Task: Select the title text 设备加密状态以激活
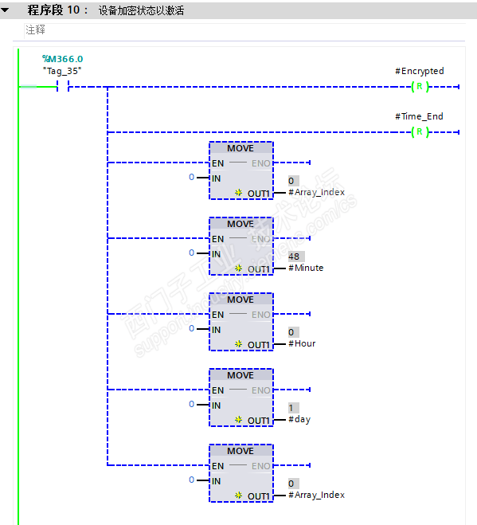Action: (x=142, y=10)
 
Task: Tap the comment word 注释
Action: (x=35, y=29)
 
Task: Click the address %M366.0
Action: (x=62, y=59)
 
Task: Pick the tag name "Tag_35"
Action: (x=62, y=71)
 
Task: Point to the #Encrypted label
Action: (x=419, y=71)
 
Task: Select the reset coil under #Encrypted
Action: (x=420, y=87)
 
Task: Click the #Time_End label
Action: (x=419, y=116)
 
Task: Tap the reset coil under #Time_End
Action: (x=420, y=131)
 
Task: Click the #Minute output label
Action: (x=306, y=268)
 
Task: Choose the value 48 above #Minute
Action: (x=295, y=256)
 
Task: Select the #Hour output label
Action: (x=302, y=343)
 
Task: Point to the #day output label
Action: (x=299, y=419)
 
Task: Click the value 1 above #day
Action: (x=292, y=407)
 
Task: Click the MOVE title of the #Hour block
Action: (x=240, y=300)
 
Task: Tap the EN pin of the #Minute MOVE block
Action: (x=217, y=239)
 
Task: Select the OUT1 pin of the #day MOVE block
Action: (x=259, y=421)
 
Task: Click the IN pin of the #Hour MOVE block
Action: (x=216, y=329)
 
